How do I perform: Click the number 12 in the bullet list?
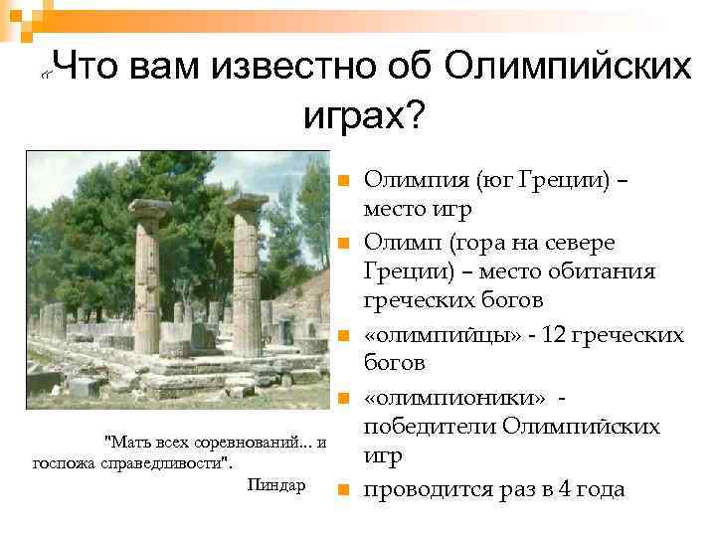click(558, 335)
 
